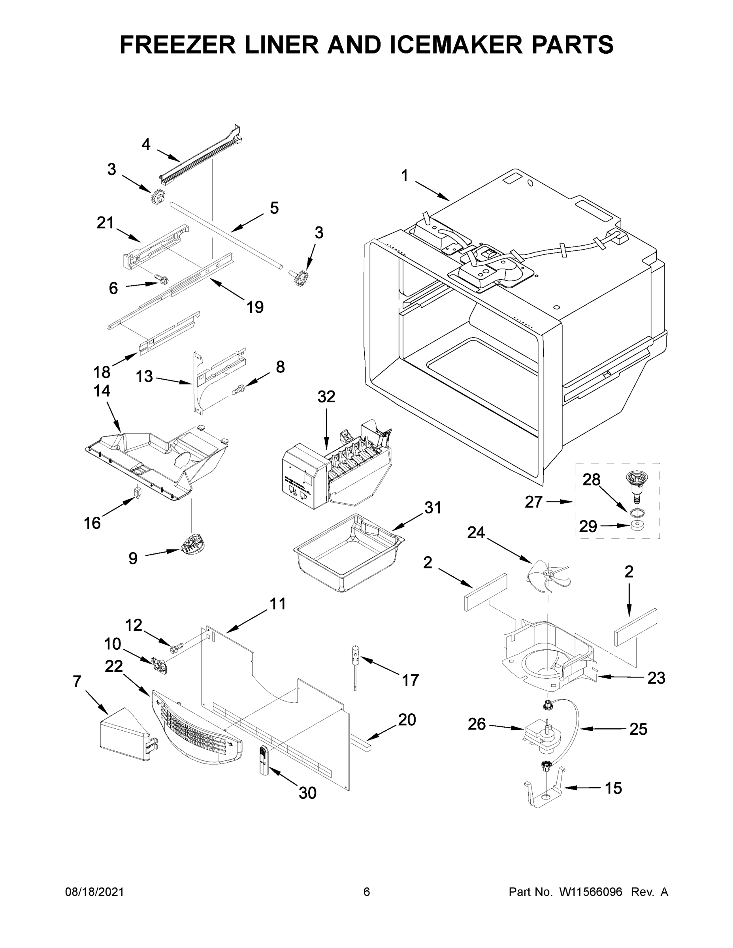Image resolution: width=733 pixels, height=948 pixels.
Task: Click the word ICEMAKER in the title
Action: tap(456, 44)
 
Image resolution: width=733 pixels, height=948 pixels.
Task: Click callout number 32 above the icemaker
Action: tap(326, 396)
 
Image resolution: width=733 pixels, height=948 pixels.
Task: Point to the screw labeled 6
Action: tap(162, 280)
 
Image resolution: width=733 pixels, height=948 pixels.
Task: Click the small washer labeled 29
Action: tap(637, 527)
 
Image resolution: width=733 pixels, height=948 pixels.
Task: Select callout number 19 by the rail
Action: tap(255, 307)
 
